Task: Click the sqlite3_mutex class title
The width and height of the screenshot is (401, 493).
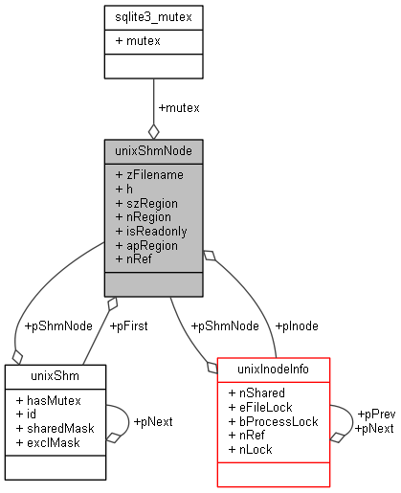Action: pos(153,16)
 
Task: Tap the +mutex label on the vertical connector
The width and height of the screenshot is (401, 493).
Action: pos(179,107)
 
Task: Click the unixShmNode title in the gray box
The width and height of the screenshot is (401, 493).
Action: pos(153,150)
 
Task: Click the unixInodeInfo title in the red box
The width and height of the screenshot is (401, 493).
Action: pos(274,368)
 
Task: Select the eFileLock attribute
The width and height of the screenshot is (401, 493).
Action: pos(263,406)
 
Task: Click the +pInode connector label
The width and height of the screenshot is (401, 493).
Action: pos(298,325)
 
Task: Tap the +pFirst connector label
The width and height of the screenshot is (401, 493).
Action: pos(128,325)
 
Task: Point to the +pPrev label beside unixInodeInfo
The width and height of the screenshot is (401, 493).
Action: pos(376,414)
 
